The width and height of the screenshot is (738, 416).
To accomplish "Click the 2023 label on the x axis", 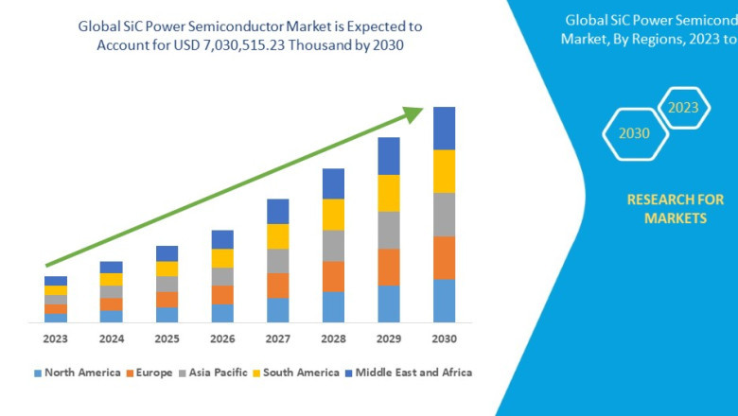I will coord(56,338).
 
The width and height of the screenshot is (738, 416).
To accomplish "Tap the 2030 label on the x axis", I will coord(444,338).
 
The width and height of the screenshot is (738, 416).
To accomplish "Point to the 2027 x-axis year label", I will coord(277,338).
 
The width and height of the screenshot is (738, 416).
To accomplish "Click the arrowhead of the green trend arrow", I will coord(413,114).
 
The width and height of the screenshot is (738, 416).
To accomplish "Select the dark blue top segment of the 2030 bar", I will coord(444,128).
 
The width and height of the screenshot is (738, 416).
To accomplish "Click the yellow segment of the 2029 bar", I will coord(389,193).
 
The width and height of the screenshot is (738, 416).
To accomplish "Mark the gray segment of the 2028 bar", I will coord(333,246).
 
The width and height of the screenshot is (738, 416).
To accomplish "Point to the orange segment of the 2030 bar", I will coord(444,257).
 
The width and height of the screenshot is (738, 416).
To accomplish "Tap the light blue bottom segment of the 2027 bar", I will coord(277,310).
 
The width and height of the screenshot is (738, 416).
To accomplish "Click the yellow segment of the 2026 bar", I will coord(222,258).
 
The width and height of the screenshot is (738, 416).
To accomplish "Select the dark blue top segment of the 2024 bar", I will coord(111,268).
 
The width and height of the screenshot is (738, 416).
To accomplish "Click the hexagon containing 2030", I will coord(635,132).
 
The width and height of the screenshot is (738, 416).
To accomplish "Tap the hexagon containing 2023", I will coord(683,107).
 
